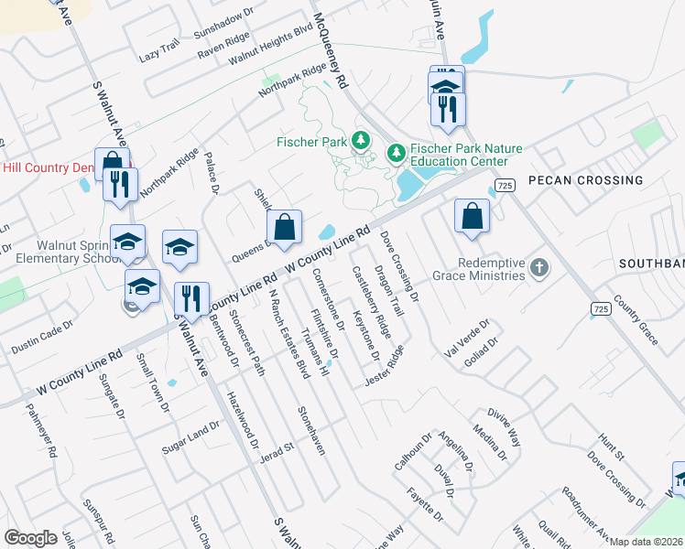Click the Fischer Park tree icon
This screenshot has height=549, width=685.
tap(362, 141)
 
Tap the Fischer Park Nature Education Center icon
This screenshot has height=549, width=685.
tap(397, 152)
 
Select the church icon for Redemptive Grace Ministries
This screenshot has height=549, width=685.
tap(540, 268)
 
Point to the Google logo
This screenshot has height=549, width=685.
tap(30, 537)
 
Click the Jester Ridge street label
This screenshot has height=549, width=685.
tap(383, 366)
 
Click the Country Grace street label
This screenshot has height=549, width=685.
tap(636, 319)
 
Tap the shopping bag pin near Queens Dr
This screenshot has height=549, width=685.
tap(284, 226)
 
